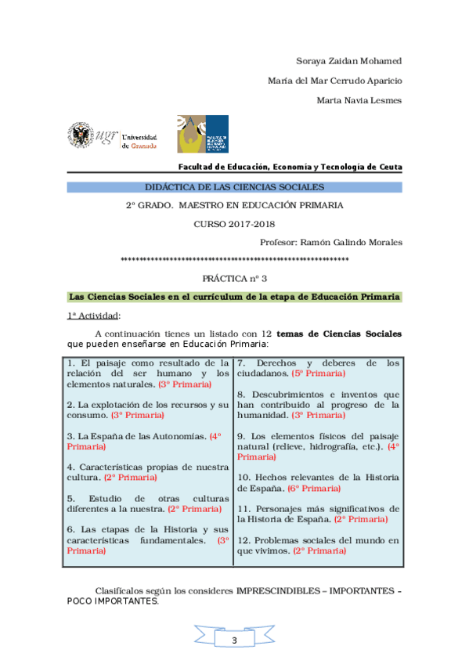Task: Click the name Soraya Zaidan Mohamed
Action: (x=349, y=61)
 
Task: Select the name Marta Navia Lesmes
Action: (x=359, y=100)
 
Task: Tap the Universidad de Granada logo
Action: (x=111, y=135)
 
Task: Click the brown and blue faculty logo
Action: (x=202, y=133)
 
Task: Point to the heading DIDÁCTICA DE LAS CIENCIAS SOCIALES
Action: (x=235, y=187)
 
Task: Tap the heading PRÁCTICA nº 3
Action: (x=235, y=278)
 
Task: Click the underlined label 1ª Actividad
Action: (x=92, y=316)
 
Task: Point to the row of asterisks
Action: (x=235, y=259)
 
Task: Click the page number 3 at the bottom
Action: (x=234, y=641)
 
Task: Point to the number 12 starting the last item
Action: (x=243, y=540)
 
